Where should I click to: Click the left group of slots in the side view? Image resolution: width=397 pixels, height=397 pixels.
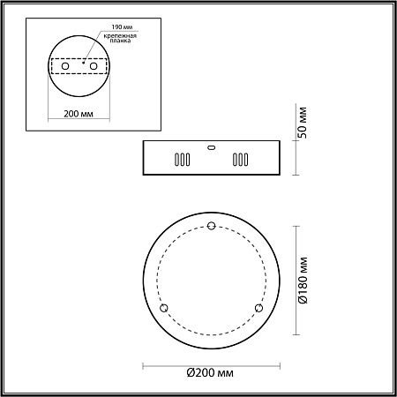pos(180,161)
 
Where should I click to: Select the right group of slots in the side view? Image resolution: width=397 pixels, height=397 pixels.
pos(240,161)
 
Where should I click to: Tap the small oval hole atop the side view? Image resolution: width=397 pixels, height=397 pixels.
pos(210,147)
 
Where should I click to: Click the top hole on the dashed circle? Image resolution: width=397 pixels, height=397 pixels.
pos(210,227)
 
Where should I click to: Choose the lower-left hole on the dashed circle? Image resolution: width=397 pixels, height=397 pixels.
pos(163,307)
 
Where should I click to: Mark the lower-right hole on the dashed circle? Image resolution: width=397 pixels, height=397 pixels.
pos(258,307)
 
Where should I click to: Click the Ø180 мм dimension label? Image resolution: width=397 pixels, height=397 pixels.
pos(302,280)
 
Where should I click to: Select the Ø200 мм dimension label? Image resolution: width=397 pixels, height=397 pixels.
pos(211,374)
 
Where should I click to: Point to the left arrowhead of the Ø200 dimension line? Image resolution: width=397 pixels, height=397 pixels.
pos(146,364)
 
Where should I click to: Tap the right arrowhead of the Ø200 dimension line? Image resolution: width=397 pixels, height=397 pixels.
pos(275,364)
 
